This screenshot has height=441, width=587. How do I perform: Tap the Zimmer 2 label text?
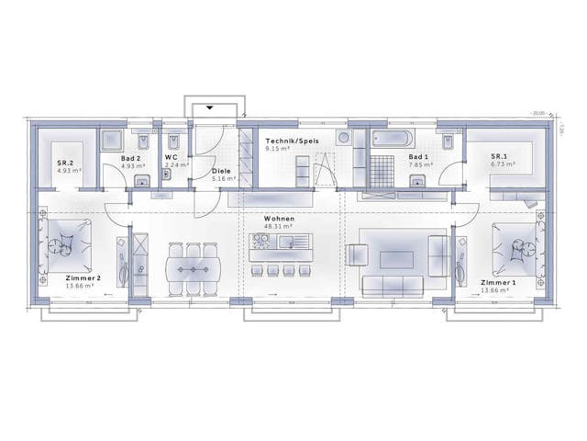83,277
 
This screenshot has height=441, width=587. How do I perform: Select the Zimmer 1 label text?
498,282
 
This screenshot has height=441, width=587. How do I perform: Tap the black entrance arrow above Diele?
211,108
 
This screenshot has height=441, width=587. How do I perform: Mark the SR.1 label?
500,157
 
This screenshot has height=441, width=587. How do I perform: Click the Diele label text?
221,170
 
